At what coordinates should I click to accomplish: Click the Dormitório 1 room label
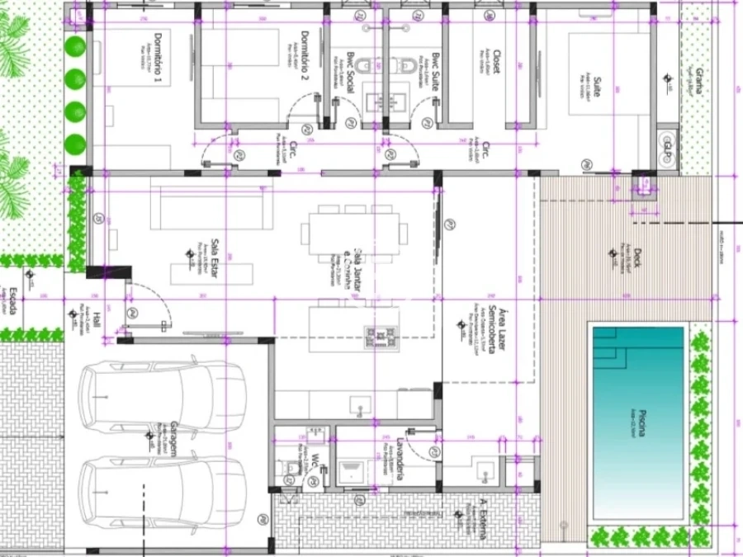158,55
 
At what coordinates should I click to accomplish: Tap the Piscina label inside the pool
641,421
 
